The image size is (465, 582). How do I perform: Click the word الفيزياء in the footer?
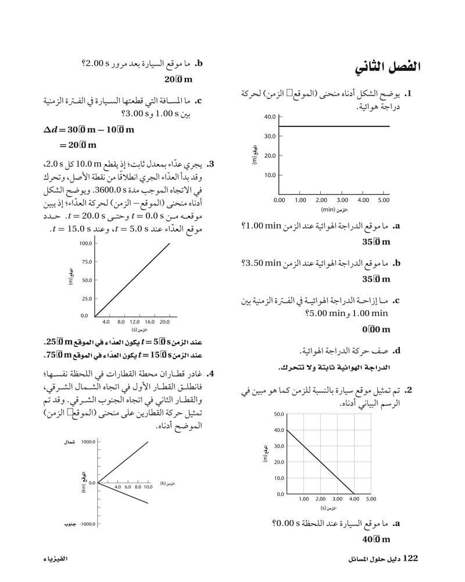click(x=56, y=559)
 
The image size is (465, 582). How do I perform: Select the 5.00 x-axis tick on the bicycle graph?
click(x=383, y=200)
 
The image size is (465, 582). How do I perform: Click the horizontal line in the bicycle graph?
click(x=334, y=126)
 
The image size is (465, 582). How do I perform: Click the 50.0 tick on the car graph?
click(x=277, y=414)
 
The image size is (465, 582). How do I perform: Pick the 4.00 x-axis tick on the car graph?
click(x=354, y=499)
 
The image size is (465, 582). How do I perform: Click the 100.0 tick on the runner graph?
click(x=85, y=243)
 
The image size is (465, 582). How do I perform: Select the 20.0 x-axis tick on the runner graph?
click(x=164, y=321)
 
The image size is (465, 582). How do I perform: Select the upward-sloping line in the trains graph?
click(x=123, y=462)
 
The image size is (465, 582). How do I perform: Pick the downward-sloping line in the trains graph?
click(x=123, y=492)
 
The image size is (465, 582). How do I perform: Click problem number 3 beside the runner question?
click(x=212, y=164)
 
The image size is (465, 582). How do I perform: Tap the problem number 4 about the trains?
click(x=212, y=374)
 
